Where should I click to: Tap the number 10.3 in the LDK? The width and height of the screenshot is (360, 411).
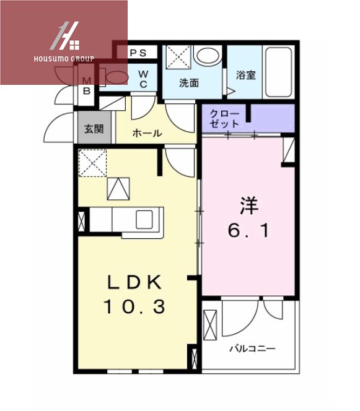click(x=135, y=306)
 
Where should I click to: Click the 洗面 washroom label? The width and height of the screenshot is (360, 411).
click(x=188, y=82)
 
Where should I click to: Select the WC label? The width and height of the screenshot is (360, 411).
click(x=143, y=79)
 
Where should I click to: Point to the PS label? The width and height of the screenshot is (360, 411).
click(x=138, y=53)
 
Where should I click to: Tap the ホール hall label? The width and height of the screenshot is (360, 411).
click(x=147, y=132)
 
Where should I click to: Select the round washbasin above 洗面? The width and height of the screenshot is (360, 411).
click(x=205, y=56)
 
